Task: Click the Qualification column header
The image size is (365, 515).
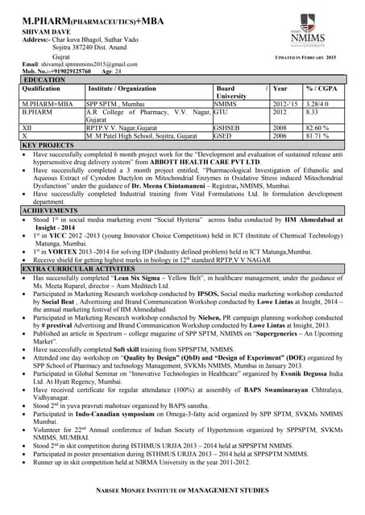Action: pos(41,89)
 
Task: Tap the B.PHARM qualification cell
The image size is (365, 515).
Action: pos(37,113)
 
